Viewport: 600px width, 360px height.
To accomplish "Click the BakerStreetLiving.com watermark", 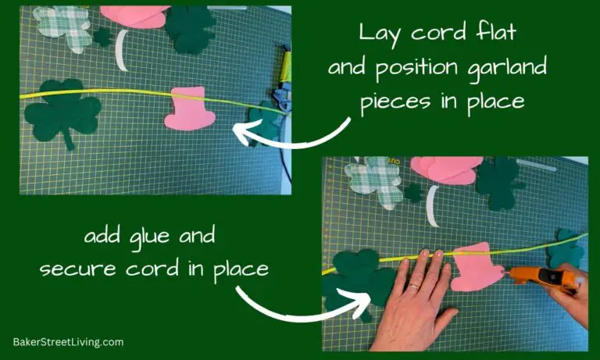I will pyautogui.click(x=68, y=342).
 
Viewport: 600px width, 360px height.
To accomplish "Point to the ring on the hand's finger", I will pyautogui.click(x=415, y=287).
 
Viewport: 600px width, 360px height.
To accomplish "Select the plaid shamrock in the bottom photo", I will pyautogui.click(x=374, y=181).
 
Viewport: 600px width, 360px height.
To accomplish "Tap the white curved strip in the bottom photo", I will pyautogui.click(x=432, y=207).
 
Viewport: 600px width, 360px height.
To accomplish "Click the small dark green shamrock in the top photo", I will pyautogui.click(x=102, y=36).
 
